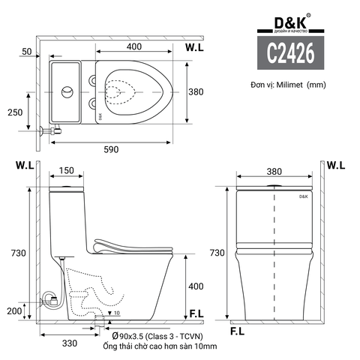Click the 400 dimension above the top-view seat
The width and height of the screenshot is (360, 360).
point(134,47)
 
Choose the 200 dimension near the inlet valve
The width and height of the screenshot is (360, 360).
point(15,310)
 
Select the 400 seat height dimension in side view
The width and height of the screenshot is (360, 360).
point(195,286)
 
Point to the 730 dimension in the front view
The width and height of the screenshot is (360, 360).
point(217,253)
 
